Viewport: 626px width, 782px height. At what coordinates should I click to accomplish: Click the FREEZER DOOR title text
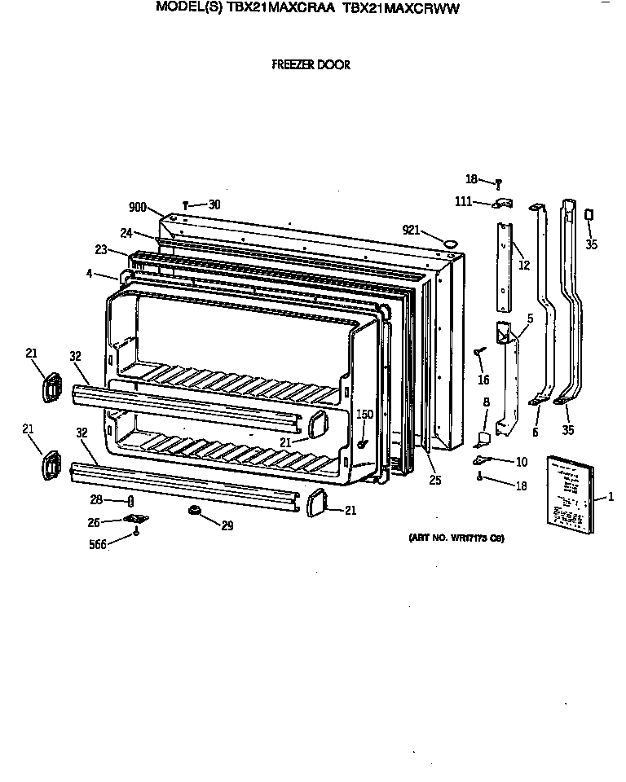311,64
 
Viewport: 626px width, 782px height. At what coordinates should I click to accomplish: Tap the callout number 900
137,208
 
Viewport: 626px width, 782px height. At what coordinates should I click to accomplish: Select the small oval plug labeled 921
448,242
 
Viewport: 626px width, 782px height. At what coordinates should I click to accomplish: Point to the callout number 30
214,204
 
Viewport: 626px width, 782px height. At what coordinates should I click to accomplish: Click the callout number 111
464,201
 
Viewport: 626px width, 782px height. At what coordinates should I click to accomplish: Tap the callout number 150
365,415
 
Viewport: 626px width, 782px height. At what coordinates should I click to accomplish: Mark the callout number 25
434,481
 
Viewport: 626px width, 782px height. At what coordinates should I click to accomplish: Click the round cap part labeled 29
196,510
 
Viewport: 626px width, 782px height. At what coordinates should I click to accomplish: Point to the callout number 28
96,499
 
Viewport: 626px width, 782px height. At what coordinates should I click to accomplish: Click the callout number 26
95,521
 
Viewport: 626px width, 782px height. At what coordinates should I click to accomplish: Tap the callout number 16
483,380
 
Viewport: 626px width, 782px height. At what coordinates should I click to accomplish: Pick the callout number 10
521,462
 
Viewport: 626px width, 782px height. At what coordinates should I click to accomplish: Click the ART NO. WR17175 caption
456,538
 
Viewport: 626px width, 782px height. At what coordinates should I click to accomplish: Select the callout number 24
126,232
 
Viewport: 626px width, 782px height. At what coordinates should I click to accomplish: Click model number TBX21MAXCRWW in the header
402,9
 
